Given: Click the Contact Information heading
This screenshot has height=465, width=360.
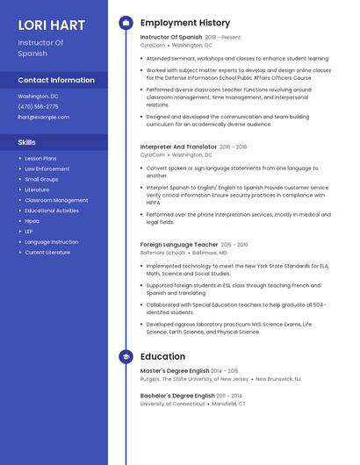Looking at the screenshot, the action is point(56,80).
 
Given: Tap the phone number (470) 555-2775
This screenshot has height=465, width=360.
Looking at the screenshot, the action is point(38,106).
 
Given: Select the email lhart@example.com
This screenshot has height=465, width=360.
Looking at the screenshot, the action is point(43,117).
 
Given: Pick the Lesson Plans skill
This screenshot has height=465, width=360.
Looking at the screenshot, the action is point(40,159).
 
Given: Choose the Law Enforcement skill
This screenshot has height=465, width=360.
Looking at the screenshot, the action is point(47,168).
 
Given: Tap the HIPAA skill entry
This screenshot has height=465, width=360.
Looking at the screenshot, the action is point(32,221).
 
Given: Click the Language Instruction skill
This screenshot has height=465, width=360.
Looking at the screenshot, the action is point(51,242).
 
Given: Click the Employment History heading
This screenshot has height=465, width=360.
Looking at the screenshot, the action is point(184,23).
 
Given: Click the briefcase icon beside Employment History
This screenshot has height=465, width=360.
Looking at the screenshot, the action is point(126,23).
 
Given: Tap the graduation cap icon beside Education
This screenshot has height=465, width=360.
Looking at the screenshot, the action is point(126,357).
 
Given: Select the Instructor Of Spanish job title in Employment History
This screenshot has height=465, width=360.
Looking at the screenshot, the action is point(170,38).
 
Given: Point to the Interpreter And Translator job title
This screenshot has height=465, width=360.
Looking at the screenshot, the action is point(178,147).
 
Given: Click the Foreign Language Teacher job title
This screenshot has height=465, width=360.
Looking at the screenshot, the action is point(179,245).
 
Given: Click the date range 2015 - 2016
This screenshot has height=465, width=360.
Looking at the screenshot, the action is point(234,245).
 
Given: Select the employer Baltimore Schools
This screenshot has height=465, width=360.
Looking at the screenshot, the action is point(162,253).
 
